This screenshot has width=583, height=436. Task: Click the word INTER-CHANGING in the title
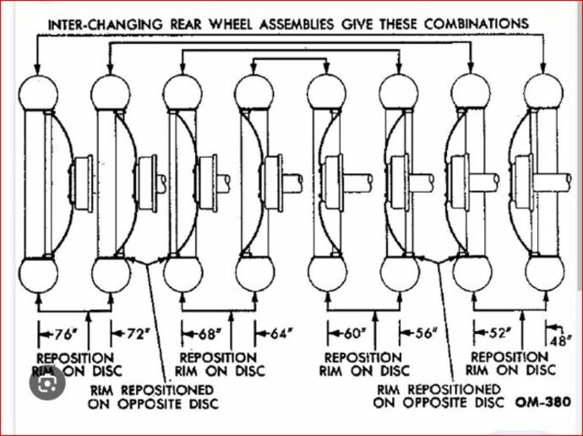click(96, 23)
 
